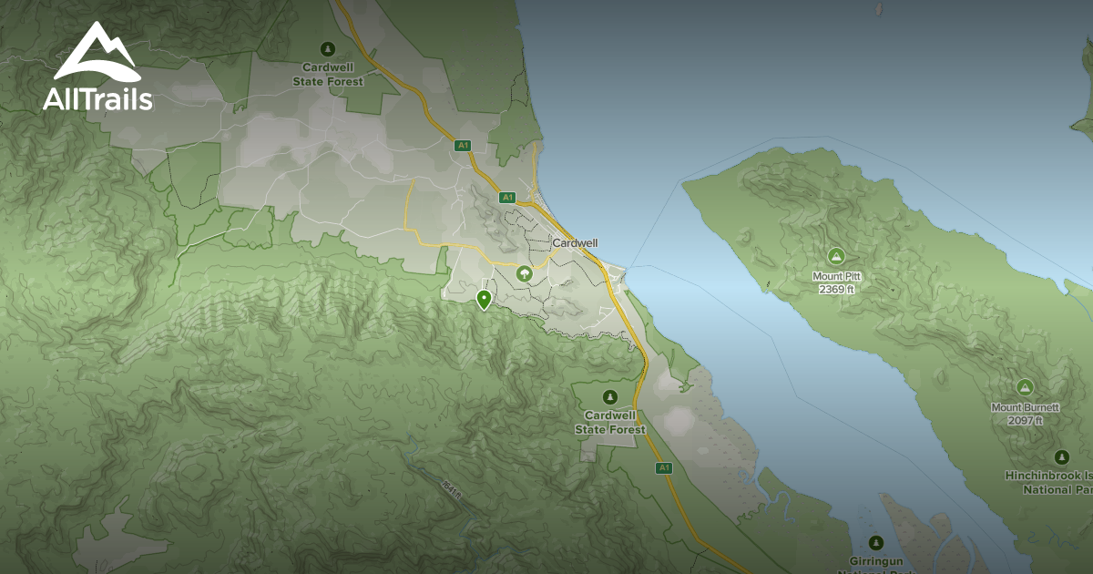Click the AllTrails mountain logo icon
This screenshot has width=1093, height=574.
(97, 52)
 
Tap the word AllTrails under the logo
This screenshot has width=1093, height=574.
(97, 98)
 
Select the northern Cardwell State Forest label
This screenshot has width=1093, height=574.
(328, 75)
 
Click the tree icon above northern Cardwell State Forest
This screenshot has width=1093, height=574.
(328, 49)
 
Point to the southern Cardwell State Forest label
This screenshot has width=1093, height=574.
(609, 423)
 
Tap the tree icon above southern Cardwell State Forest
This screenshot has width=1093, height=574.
(609, 396)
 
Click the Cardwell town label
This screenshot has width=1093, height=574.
(575, 243)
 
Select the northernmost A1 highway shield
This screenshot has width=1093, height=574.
(463, 145)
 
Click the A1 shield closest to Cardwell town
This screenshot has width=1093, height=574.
(507, 197)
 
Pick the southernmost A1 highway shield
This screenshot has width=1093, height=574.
(663, 468)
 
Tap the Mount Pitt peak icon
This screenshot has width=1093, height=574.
(835, 256)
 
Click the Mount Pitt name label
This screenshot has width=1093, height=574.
(836, 276)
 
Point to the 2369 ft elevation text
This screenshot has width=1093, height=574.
(836, 289)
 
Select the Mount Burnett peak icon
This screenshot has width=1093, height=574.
(1025, 387)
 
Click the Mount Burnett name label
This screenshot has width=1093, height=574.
(1025, 407)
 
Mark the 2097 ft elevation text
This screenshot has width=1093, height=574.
(1025, 420)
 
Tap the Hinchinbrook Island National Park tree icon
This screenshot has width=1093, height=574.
(1060, 456)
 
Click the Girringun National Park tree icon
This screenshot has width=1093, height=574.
(876, 543)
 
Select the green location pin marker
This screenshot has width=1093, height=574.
(484, 299)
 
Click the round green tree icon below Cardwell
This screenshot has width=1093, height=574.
(524, 272)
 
